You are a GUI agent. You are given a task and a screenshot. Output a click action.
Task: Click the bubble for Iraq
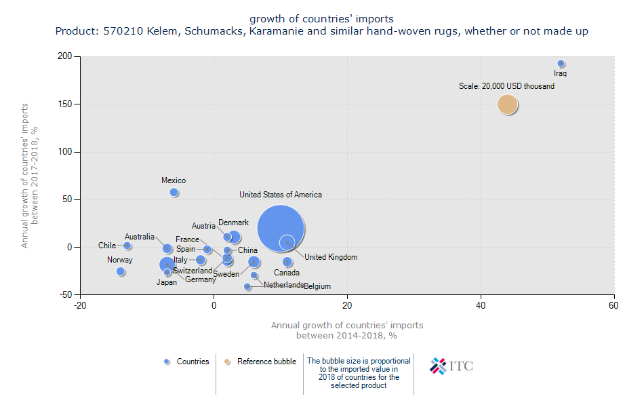(561, 64)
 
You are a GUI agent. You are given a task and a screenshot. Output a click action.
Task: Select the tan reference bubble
(508, 104)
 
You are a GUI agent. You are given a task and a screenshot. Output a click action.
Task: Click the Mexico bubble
(174, 193)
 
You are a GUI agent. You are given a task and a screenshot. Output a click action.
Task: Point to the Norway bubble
(121, 271)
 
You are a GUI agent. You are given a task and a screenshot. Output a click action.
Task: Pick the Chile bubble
(127, 246)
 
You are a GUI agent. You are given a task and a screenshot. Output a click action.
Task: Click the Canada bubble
(287, 262)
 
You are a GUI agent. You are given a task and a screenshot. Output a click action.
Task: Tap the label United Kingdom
(330, 258)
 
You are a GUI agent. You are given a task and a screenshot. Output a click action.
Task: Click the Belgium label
(317, 287)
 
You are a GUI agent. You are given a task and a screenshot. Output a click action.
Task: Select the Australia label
(140, 237)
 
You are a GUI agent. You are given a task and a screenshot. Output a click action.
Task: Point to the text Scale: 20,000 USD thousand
(506, 87)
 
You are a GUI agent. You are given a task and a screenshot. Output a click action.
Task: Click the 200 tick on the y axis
(65, 57)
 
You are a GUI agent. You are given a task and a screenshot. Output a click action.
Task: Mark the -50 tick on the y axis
(65, 294)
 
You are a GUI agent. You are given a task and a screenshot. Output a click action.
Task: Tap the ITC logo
(451, 366)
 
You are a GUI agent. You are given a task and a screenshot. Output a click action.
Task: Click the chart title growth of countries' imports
(321, 18)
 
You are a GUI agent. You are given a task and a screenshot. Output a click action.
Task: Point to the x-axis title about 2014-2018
(347, 330)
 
